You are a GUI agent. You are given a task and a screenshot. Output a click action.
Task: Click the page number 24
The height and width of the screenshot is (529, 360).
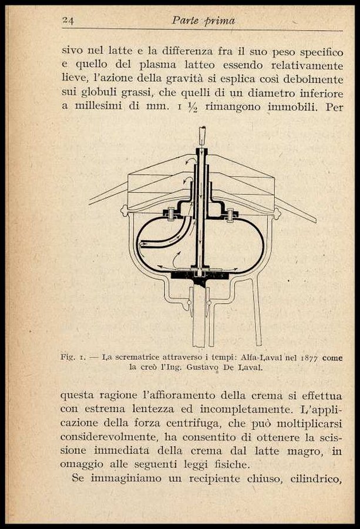[68, 21]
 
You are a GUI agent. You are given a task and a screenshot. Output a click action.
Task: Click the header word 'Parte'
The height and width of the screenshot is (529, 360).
[185, 21]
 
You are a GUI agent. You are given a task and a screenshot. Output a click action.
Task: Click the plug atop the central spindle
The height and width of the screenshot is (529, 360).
[203, 136]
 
